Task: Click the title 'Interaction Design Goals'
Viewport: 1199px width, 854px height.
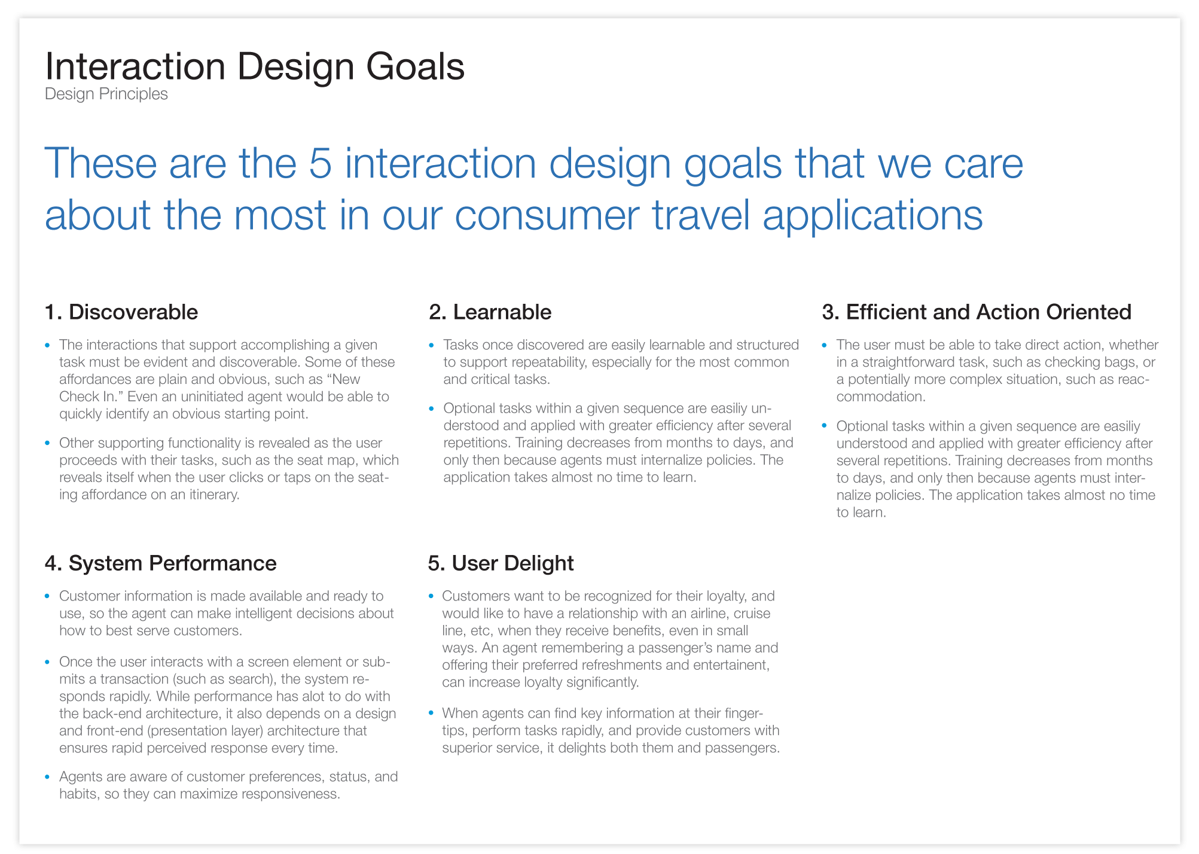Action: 254,66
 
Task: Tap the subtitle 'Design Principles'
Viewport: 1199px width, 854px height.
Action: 106,94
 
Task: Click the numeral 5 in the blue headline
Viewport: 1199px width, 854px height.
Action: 320,163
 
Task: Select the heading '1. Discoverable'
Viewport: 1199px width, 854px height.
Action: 121,312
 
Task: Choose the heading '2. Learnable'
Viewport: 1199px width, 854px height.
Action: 490,312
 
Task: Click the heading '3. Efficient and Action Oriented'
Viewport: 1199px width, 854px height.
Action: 976,312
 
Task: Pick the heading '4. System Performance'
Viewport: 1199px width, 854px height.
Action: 160,563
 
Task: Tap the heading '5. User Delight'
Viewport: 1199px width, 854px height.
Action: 501,563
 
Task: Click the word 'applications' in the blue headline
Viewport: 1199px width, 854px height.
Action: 872,215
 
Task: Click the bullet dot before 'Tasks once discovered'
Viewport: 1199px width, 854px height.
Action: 432,345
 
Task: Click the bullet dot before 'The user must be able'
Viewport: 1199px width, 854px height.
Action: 825,345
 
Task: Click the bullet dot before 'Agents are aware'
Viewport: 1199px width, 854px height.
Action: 48,777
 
